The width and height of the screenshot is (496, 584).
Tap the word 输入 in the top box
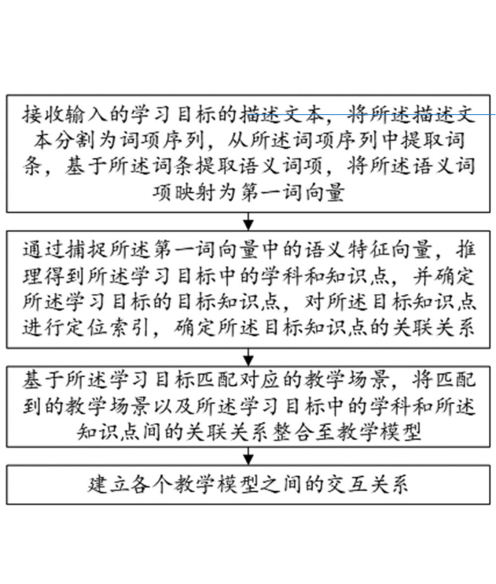click(x=86, y=114)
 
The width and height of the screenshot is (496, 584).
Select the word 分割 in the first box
click(x=75, y=140)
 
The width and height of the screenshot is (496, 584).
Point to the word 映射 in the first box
click(x=194, y=193)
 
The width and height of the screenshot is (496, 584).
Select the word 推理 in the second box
click(x=465, y=263)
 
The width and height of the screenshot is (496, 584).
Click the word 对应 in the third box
click(x=259, y=380)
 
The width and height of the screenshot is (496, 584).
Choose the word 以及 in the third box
click(x=173, y=406)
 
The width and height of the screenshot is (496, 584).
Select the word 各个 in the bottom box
click(x=152, y=485)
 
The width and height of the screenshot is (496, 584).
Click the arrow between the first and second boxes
click(x=248, y=222)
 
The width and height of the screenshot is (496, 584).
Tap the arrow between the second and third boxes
click(x=248, y=357)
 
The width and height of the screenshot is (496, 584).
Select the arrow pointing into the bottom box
click(x=248, y=456)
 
